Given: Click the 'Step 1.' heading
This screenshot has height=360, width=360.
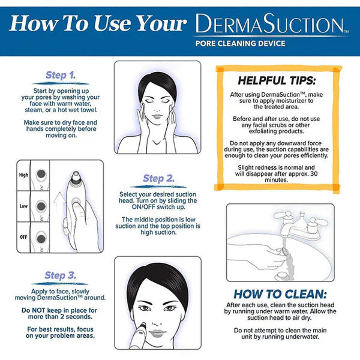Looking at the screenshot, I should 61,76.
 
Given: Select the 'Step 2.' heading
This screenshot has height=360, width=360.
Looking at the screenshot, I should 158,178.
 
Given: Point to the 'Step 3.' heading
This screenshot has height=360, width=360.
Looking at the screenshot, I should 61,275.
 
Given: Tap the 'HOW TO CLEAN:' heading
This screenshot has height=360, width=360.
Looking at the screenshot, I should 280,294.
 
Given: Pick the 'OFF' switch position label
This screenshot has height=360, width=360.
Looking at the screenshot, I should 24,236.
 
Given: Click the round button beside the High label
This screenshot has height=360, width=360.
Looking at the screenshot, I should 41,175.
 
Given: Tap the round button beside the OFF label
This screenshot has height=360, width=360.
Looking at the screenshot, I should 41,237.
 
